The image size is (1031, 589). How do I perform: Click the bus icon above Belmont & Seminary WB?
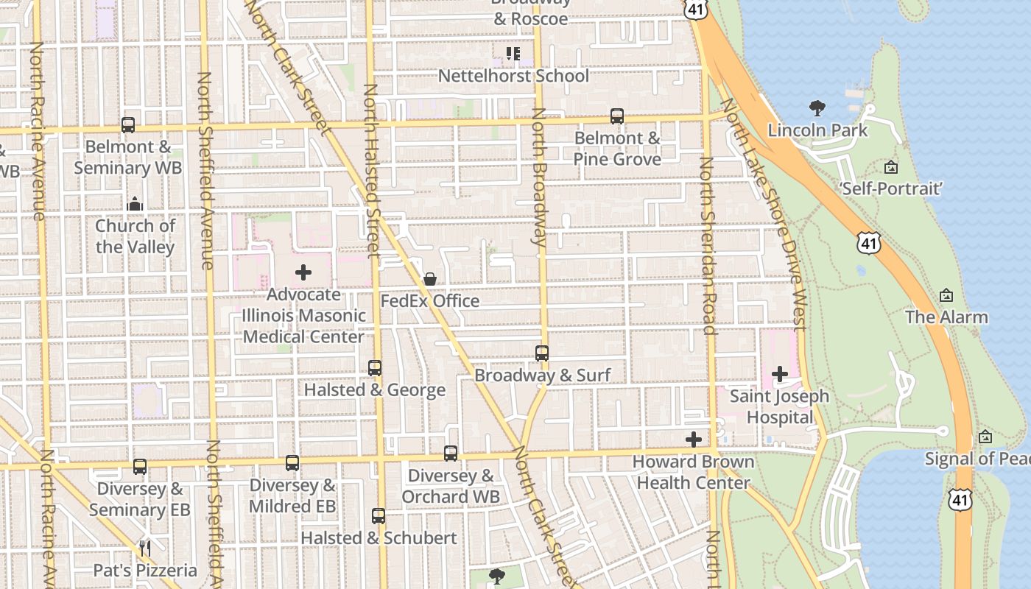[x=128, y=125]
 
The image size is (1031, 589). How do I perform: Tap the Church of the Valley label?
[x=136, y=236]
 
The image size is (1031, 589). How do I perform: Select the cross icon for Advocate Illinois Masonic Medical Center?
[x=303, y=272]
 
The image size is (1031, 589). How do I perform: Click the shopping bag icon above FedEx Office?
[x=430, y=279]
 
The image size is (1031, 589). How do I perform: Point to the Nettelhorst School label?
[x=513, y=76]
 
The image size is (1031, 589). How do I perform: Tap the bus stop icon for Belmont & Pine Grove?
[x=617, y=116]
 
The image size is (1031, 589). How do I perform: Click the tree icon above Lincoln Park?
[x=817, y=109]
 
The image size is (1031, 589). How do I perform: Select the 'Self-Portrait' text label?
[x=891, y=189]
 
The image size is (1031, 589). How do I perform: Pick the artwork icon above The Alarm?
[x=946, y=296]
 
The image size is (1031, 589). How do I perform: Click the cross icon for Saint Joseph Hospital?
[x=779, y=374]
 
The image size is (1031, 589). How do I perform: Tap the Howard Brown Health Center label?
[x=694, y=472]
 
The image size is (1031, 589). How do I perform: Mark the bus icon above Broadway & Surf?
[x=542, y=353]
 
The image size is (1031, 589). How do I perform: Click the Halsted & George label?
[x=375, y=390]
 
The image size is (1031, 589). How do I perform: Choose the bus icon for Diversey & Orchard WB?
[x=451, y=454]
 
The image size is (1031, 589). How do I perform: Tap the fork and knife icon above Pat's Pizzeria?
[x=145, y=548]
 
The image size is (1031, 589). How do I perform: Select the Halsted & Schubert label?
[x=379, y=538]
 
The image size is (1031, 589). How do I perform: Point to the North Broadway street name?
[x=539, y=177]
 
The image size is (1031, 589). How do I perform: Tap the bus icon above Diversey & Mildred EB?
[x=292, y=463]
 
